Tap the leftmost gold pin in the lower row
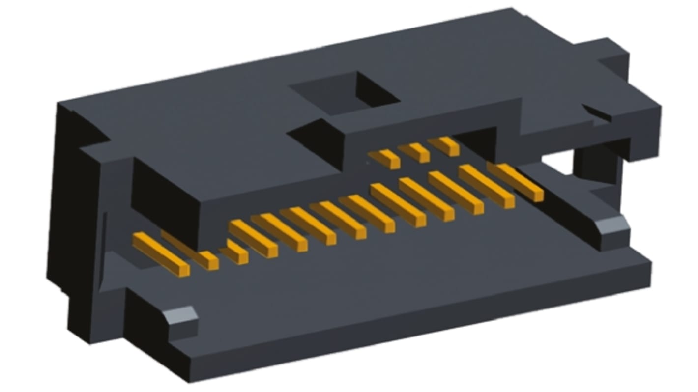161,254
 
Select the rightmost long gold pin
516,181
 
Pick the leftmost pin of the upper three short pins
384,158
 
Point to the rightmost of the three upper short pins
443,145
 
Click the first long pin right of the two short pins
253,238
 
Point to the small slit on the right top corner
597,112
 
